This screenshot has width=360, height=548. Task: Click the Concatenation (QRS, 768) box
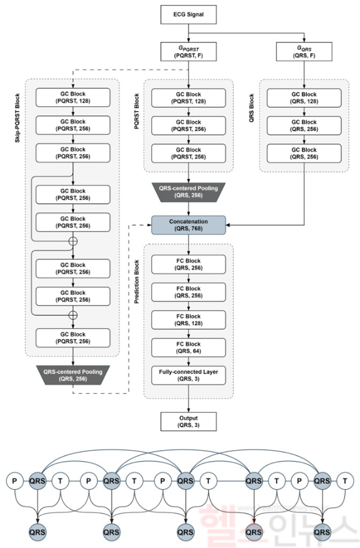(189, 224)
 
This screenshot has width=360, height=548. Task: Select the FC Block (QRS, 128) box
(189, 320)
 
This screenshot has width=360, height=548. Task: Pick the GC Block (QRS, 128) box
(304, 97)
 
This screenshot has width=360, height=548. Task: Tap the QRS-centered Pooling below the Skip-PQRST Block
(73, 375)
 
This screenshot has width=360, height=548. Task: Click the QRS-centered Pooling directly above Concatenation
(189, 190)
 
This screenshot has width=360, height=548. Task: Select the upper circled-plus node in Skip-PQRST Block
(73, 241)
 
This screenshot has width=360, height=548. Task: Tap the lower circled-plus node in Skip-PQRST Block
(73, 315)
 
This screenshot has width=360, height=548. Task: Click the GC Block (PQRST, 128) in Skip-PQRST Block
(73, 97)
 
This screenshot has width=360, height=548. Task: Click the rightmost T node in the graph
(345, 480)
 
